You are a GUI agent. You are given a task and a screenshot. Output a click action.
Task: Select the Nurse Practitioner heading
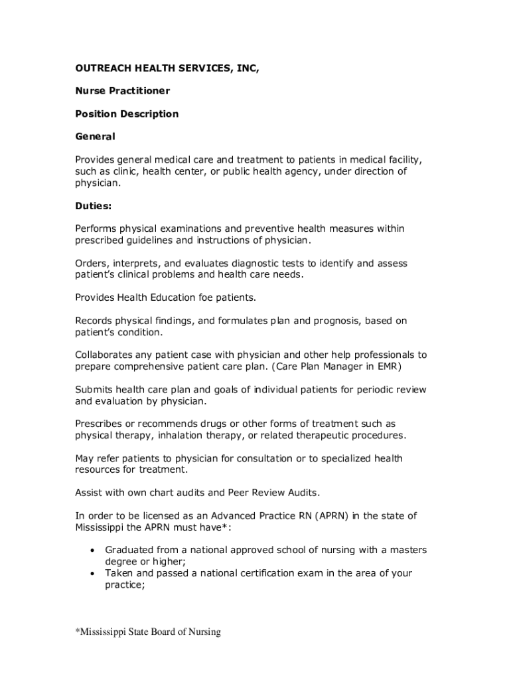122,90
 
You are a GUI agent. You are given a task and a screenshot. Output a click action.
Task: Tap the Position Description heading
127,114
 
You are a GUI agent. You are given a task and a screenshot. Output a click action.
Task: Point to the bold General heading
95,137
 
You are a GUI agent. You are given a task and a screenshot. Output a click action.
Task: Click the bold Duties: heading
94,206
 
